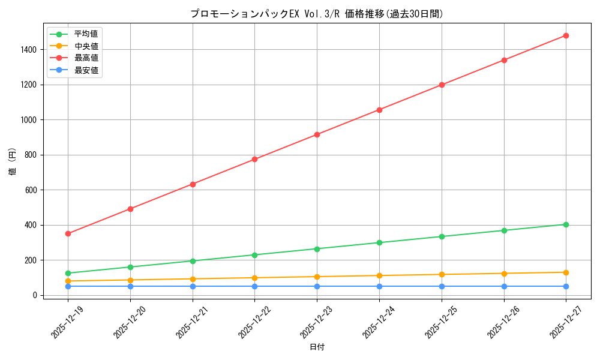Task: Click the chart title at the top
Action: (317, 14)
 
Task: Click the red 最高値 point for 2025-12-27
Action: (566, 35)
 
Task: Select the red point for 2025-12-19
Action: (68, 233)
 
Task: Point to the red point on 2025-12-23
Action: (317, 134)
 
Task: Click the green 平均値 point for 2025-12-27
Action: (566, 224)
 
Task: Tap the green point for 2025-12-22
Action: (254, 255)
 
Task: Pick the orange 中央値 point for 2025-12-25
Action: (442, 274)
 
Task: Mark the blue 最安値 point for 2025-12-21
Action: (193, 286)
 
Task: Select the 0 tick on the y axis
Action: (36, 295)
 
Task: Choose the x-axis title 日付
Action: (317, 347)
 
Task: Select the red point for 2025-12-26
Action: (504, 60)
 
